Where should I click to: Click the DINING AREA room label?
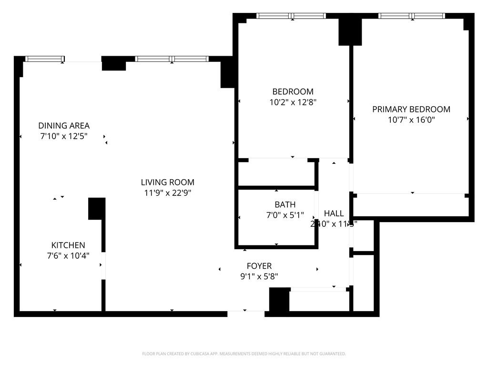[x=64, y=126]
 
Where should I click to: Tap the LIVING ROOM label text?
[x=167, y=182]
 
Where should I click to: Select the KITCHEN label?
[x=68, y=245]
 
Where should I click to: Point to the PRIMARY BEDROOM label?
[x=411, y=109]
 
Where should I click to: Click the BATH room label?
[x=285, y=204]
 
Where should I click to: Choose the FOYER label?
[x=259, y=266]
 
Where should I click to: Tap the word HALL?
[x=334, y=213]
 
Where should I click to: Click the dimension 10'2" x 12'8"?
[x=293, y=102]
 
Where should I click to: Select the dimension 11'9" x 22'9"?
[x=167, y=193]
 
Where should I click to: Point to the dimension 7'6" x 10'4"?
[x=68, y=255]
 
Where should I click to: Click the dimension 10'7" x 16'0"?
[x=411, y=120]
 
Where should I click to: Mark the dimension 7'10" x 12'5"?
[x=64, y=136]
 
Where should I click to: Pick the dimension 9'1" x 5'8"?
[x=259, y=276]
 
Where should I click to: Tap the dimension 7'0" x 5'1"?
[x=285, y=215]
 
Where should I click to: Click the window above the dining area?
[x=44, y=59]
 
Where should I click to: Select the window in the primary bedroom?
[x=412, y=16]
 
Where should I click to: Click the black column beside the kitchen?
[x=96, y=209]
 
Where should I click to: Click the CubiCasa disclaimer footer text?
[x=244, y=354]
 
